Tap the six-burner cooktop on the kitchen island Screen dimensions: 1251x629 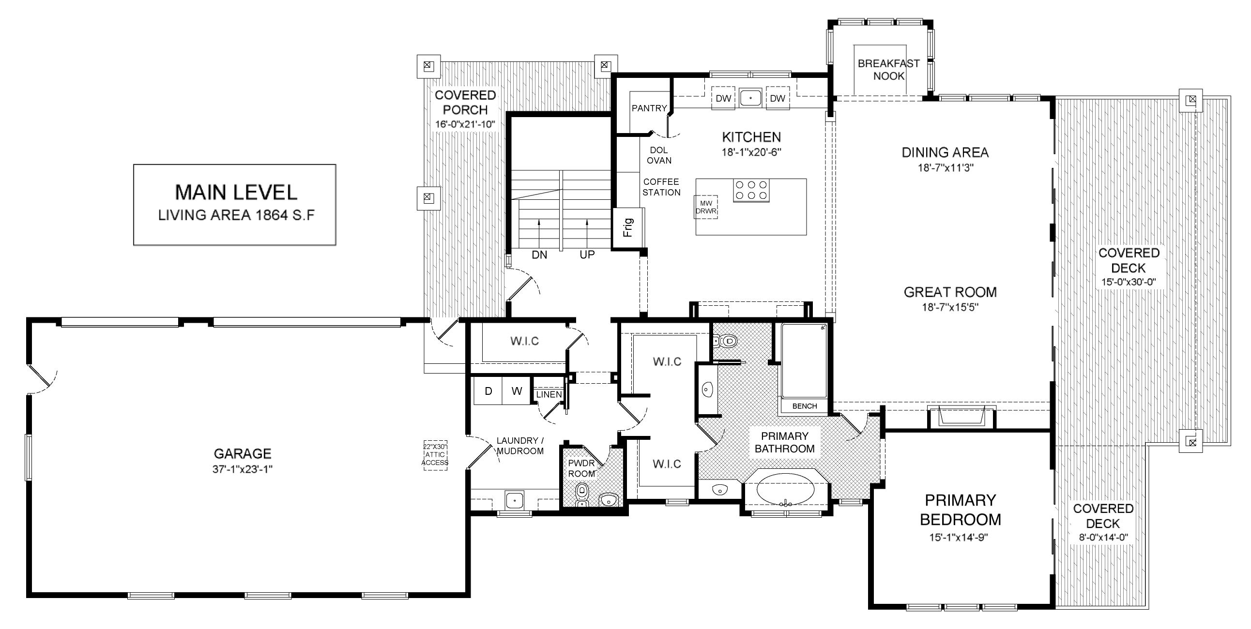point(751,190)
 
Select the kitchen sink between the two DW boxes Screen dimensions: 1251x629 point(751,98)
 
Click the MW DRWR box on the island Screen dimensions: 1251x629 point(706,207)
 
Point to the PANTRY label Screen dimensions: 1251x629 point(649,108)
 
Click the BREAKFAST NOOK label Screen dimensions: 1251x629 point(889,69)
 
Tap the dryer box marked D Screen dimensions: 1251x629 point(488,391)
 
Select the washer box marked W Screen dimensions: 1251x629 point(517,391)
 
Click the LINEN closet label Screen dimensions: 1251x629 point(549,395)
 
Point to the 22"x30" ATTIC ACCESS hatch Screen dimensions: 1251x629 point(435,455)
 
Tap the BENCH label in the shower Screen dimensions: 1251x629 point(805,406)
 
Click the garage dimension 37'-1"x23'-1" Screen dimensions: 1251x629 point(243,469)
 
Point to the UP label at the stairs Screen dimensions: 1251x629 point(587,255)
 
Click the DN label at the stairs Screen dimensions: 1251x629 point(539,255)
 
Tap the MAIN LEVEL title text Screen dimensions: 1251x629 point(236,192)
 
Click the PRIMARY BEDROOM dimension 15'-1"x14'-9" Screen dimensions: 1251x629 point(959,537)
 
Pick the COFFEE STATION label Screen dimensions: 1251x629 point(661,187)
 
